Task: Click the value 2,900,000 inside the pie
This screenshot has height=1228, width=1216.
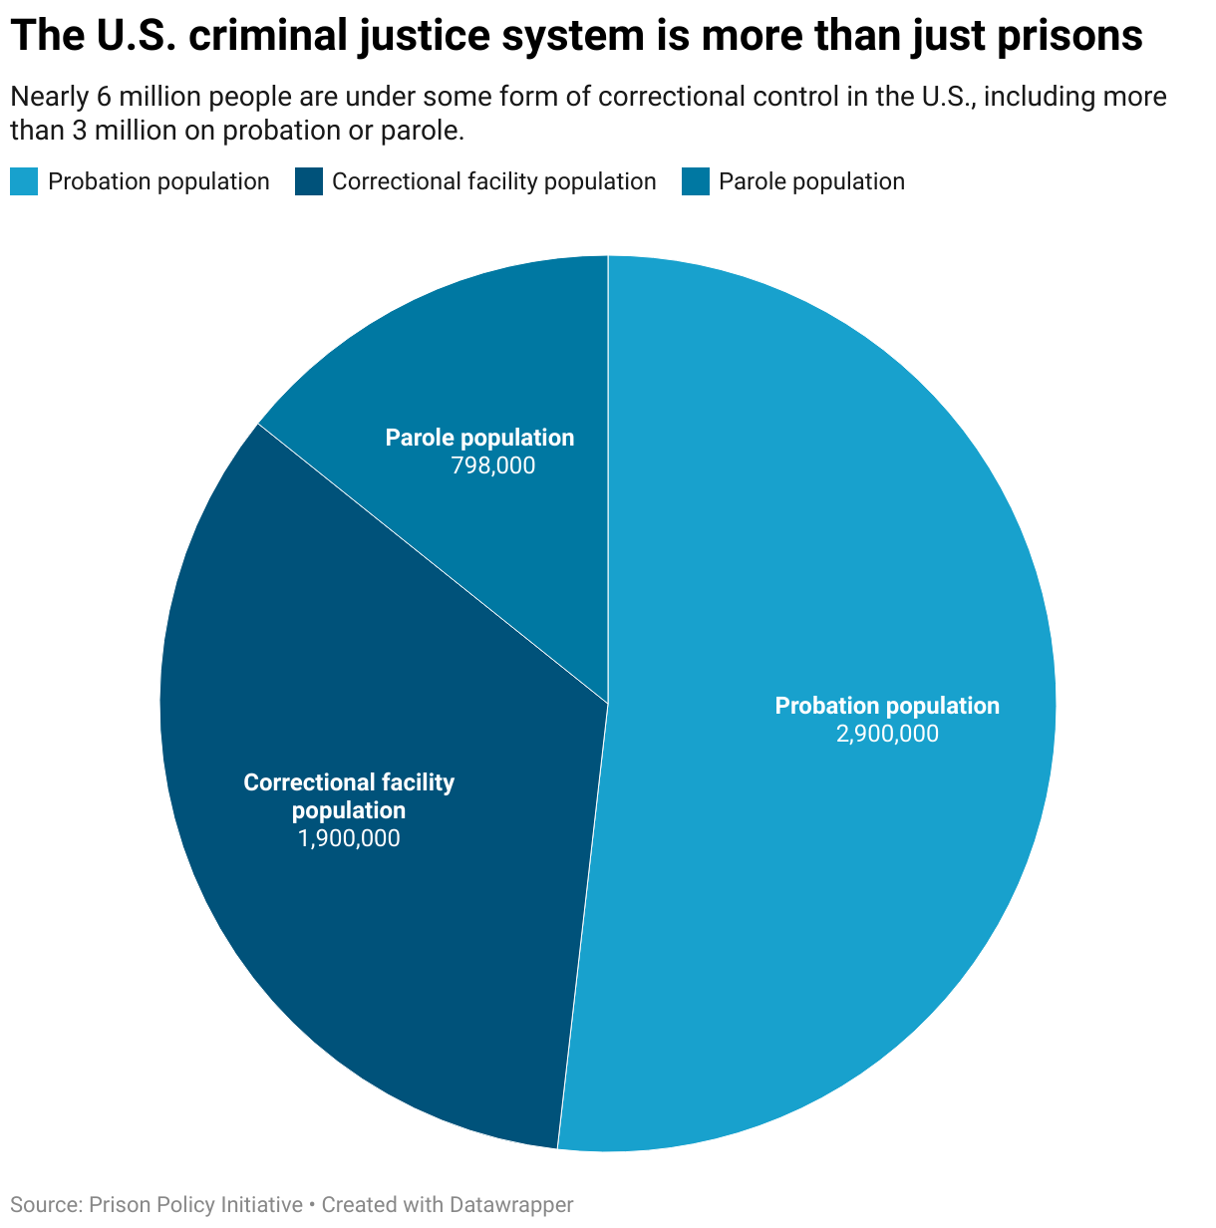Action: click(x=887, y=735)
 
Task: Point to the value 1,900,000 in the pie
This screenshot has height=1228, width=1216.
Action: click(x=349, y=838)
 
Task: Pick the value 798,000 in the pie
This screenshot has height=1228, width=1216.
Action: click(x=492, y=465)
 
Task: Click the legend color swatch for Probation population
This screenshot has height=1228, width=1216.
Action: click(x=24, y=181)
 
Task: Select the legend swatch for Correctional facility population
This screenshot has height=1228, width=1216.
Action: click(x=310, y=181)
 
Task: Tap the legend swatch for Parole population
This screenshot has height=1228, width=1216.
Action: click(x=696, y=181)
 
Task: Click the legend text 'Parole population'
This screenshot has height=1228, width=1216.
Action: click(x=811, y=181)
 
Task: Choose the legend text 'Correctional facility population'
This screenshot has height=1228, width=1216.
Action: click(x=493, y=181)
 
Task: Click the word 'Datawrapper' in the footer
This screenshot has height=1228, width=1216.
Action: click(x=511, y=1205)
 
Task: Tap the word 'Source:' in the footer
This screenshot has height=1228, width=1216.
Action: click(x=46, y=1205)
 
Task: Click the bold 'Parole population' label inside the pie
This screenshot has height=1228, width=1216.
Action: click(x=479, y=438)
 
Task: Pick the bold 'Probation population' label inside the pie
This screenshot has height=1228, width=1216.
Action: click(x=887, y=706)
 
